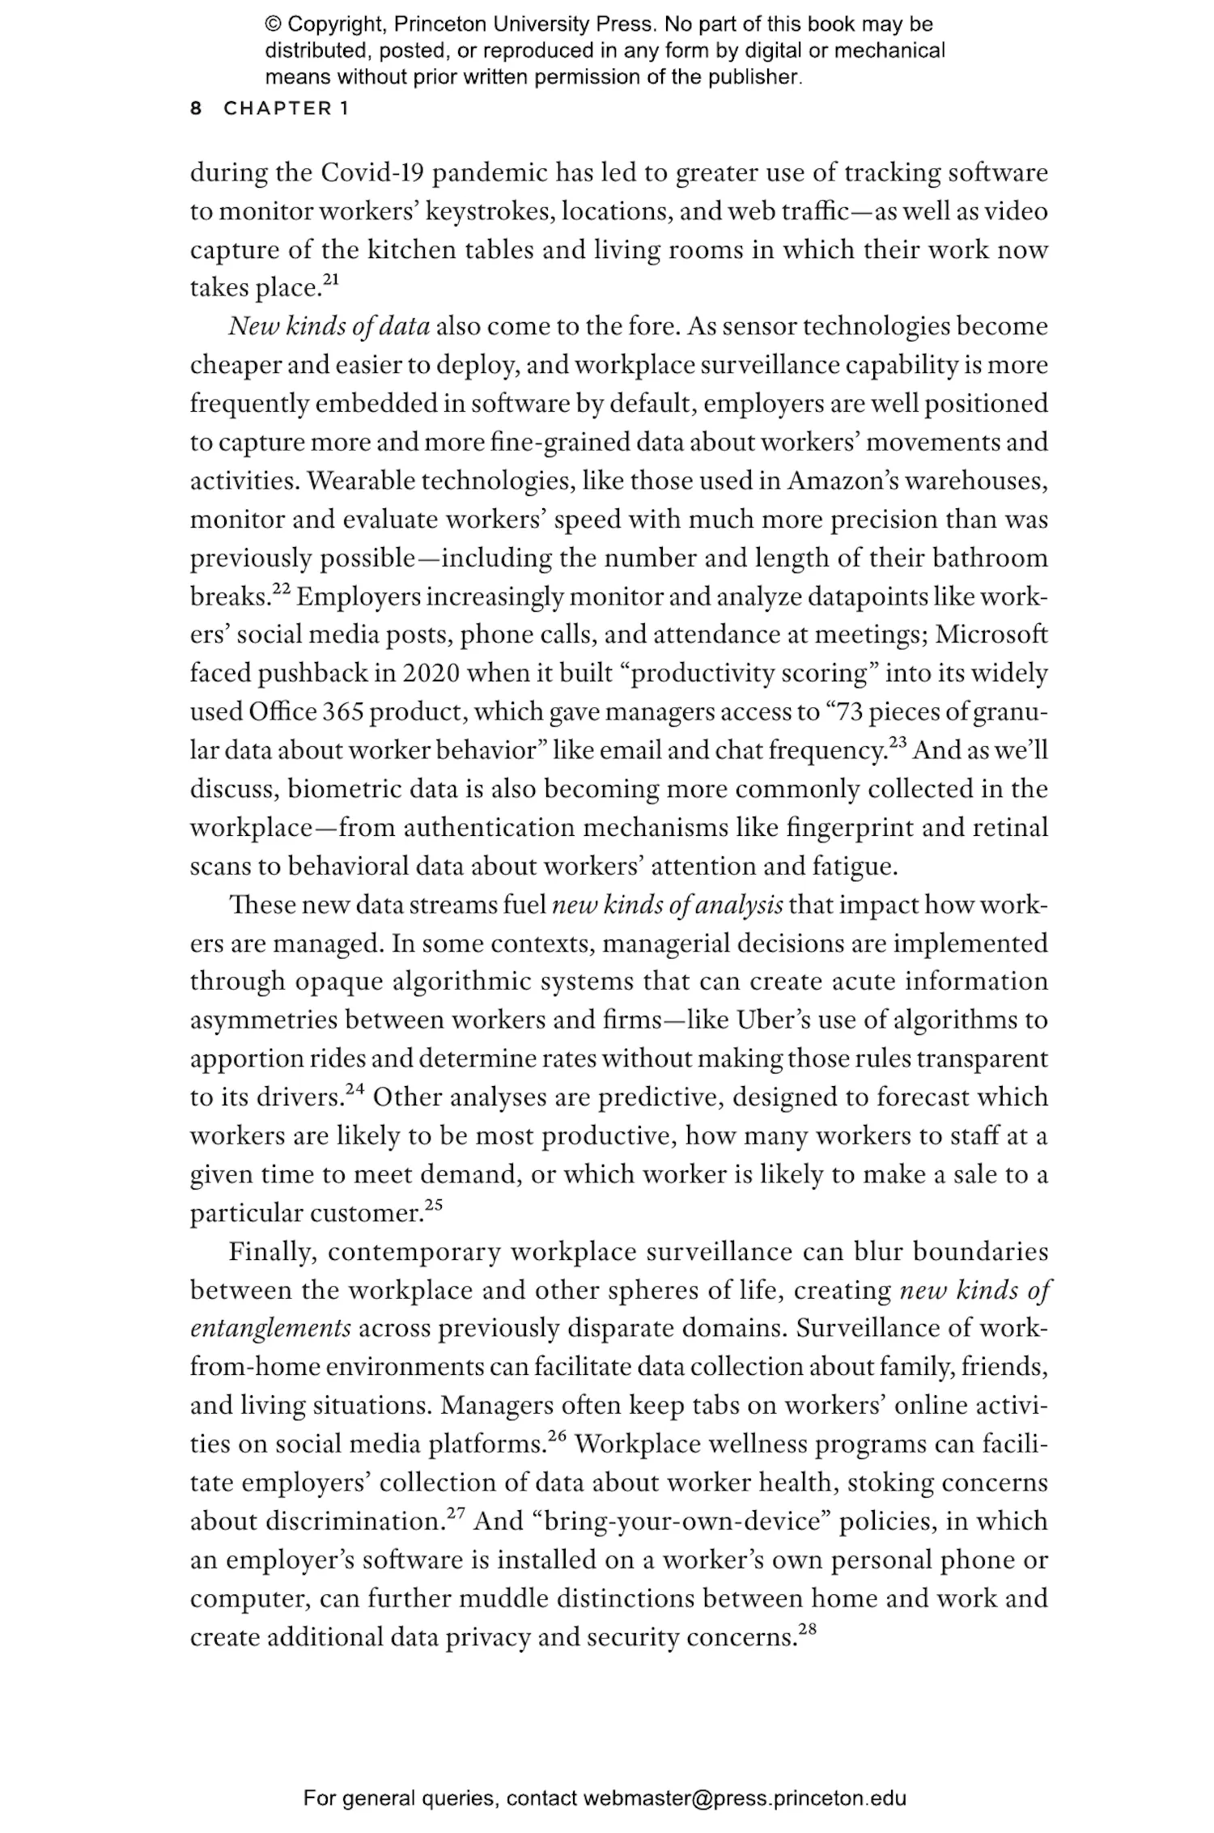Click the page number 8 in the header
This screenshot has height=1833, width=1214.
point(196,108)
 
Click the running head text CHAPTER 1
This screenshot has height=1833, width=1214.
point(287,108)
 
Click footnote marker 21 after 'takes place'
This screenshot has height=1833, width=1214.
point(332,280)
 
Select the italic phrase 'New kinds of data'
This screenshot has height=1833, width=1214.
point(329,327)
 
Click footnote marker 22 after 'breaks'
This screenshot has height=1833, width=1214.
point(281,589)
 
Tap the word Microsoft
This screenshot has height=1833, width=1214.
point(991,634)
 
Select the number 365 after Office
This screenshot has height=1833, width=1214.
point(343,712)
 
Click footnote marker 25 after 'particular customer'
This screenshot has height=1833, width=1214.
point(434,1205)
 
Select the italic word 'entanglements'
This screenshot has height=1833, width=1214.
point(270,1329)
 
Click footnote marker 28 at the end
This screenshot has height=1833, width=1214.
point(807,1629)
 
